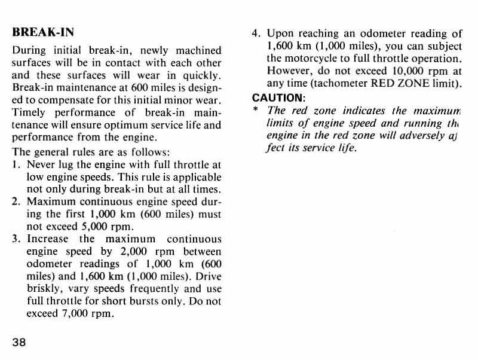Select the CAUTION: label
click(278, 97)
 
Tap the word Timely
click(30, 113)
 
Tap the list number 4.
click(255, 33)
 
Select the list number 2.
click(16, 201)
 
